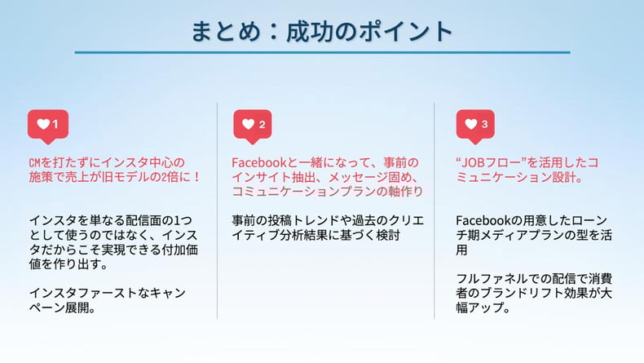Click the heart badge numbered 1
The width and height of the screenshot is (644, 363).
pyautogui.click(x=48, y=126)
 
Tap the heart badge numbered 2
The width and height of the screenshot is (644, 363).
pyautogui.click(x=253, y=126)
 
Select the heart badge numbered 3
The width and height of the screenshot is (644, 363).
pyautogui.click(x=475, y=126)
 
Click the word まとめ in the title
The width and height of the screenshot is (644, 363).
pyautogui.click(x=226, y=32)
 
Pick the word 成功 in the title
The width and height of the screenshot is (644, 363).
pyautogui.click(x=309, y=32)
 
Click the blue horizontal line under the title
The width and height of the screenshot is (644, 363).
pyautogui.click(x=323, y=53)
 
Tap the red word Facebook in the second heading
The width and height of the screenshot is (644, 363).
pyautogui.click(x=258, y=163)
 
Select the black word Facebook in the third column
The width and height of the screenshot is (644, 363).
pyautogui.click(x=483, y=221)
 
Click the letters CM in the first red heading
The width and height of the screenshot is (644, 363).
pyautogui.click(x=35, y=163)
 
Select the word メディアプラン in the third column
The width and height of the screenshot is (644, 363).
pyautogui.click(x=510, y=235)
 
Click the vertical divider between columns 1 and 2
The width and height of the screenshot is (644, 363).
pyautogui.click(x=218, y=211)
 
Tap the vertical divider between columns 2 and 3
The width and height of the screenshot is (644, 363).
pyautogui.click(x=434, y=211)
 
